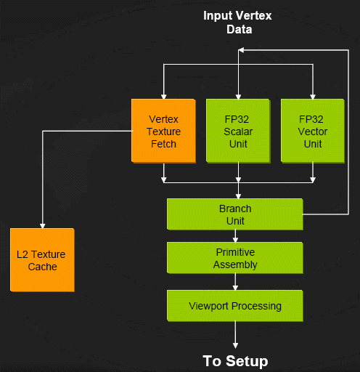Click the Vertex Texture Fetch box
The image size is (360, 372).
click(163, 131)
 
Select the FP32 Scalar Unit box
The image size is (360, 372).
click(238, 131)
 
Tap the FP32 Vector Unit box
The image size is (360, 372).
click(313, 131)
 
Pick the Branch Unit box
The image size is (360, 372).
click(235, 214)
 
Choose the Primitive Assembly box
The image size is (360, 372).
click(235, 258)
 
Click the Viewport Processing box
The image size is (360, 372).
click(235, 306)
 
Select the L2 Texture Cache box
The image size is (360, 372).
click(42, 260)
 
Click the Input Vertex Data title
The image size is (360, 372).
click(237, 23)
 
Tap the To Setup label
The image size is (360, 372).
click(235, 361)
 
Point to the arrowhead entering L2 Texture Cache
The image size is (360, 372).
click(42, 226)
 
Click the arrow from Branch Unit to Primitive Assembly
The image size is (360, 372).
click(235, 236)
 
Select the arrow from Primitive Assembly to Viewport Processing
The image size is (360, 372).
click(235, 282)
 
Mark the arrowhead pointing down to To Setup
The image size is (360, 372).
click(235, 346)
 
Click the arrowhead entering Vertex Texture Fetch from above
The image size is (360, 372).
click(164, 97)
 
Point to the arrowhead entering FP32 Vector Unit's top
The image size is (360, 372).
click(313, 97)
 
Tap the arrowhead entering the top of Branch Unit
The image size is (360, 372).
click(238, 196)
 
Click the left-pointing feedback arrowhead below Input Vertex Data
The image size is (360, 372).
click(241, 50)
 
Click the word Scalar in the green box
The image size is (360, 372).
click(238, 132)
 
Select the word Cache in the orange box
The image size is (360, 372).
click(42, 267)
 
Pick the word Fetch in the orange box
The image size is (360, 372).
click(163, 144)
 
